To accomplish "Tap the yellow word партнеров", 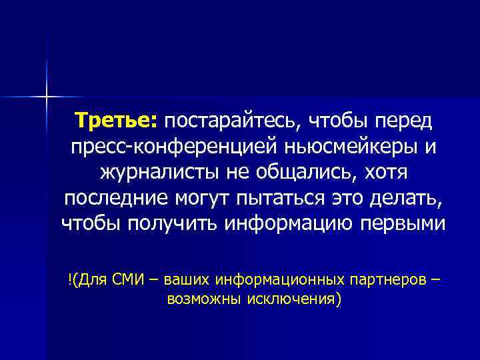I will (x=387, y=279).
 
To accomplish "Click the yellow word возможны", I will (x=202, y=299).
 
